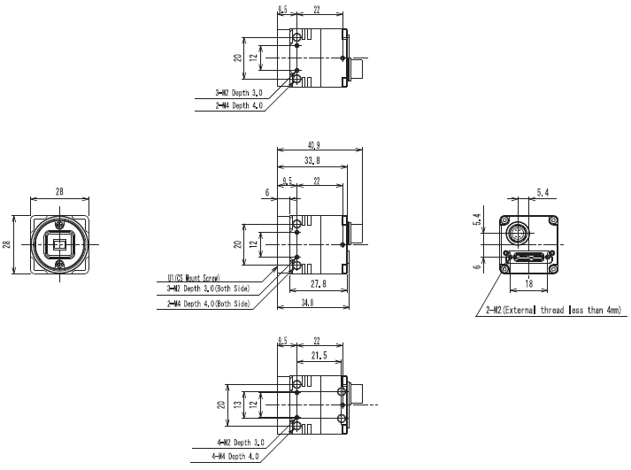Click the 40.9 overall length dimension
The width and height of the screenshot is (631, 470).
click(x=314, y=145)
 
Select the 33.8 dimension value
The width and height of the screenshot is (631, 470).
click(x=312, y=160)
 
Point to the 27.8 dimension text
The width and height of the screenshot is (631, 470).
click(x=319, y=284)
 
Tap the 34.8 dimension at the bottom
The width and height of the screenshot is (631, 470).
click(x=307, y=303)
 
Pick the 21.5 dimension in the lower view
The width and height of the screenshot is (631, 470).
click(x=319, y=355)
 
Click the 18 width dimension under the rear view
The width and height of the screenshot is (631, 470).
click(x=529, y=283)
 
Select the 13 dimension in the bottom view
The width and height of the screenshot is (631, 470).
click(x=238, y=404)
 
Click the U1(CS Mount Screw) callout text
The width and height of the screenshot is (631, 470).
click(x=194, y=278)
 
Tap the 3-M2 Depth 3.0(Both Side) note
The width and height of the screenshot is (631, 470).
click(x=208, y=289)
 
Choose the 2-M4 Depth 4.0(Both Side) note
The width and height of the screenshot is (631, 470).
click(x=209, y=304)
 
